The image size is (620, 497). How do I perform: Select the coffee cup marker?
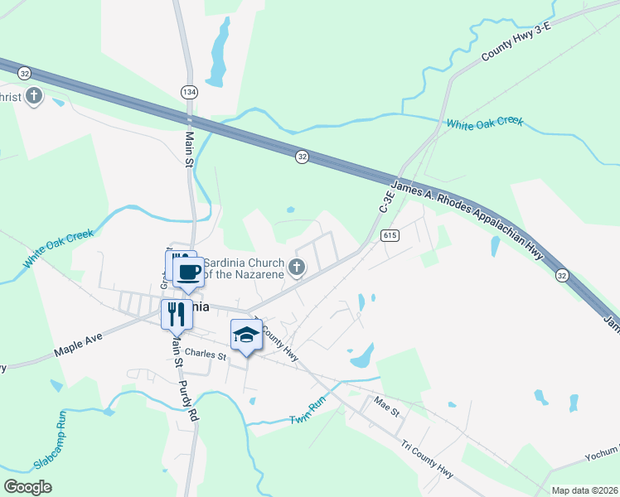(188, 272)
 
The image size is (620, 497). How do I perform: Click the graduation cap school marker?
(245, 335)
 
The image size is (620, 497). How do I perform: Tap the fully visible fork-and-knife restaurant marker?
(176, 315)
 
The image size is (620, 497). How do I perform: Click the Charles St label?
(206, 355)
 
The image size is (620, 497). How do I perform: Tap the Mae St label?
(386, 408)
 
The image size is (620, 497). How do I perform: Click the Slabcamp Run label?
(53, 437)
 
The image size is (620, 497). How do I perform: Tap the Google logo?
(27, 487)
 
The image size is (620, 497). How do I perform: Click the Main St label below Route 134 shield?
(189, 149)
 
